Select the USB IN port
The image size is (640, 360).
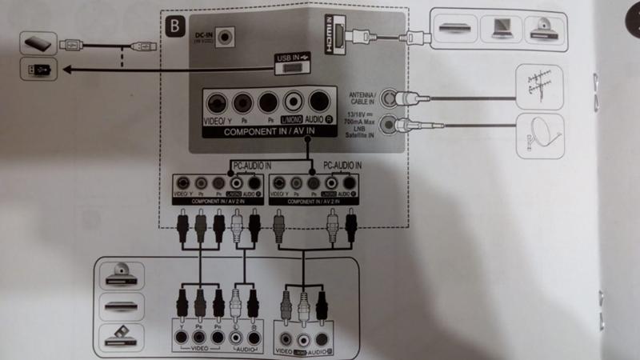coord(293,68)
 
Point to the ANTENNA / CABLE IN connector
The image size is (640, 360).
coord(390,98)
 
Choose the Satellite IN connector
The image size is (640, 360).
coord(390,124)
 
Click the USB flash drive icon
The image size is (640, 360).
coord(38,71)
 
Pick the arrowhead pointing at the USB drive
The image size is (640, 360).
coord(62,71)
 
